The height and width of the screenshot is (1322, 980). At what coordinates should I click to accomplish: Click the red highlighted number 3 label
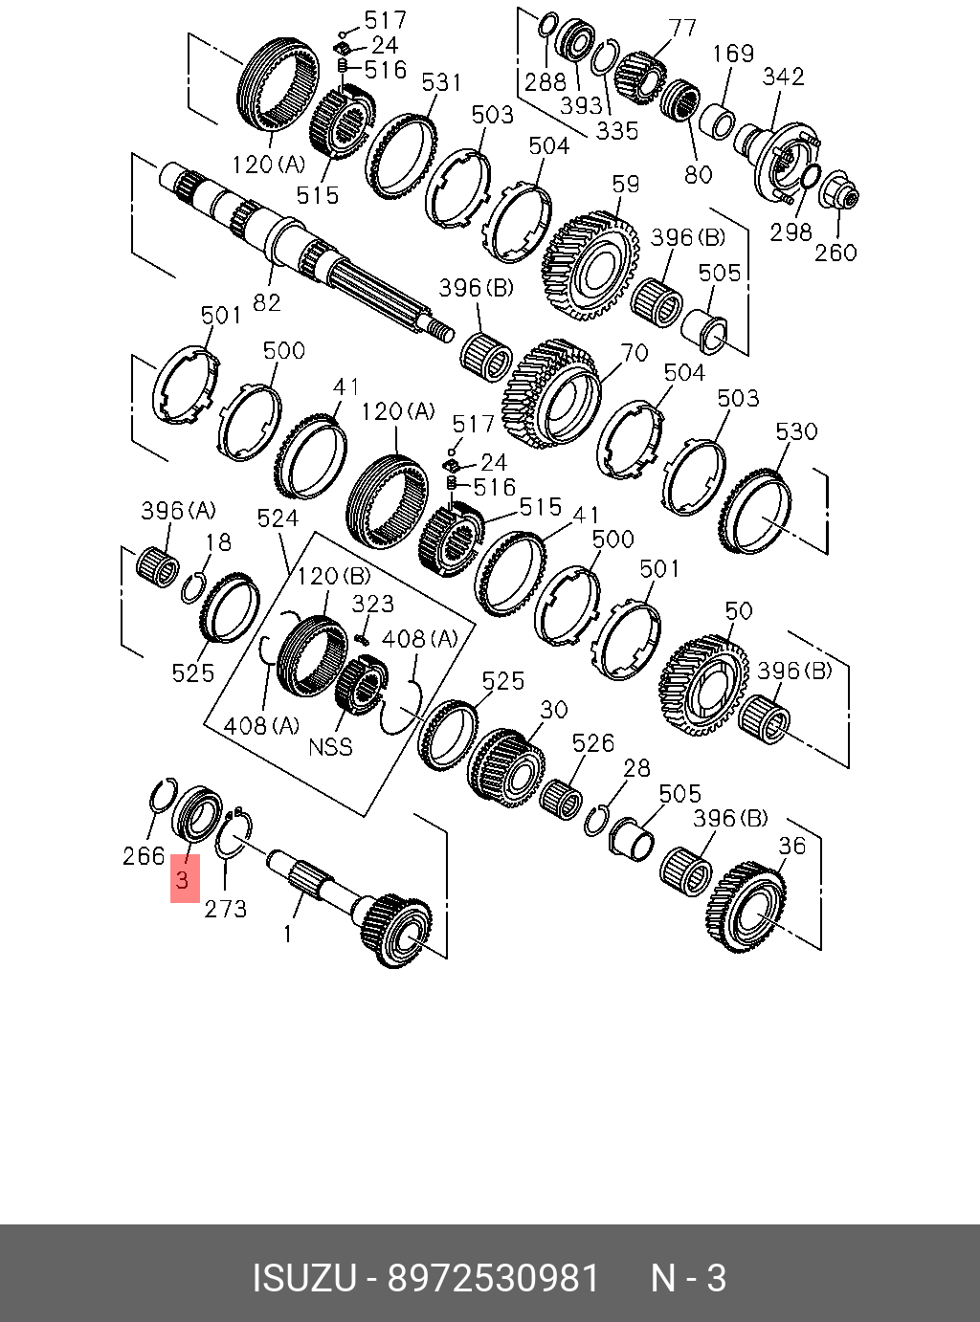pyautogui.click(x=185, y=878)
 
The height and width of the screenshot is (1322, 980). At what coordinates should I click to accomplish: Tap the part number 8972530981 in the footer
pyautogui.click(x=493, y=1278)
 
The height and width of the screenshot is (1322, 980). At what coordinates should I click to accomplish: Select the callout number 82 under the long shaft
pyautogui.click(x=267, y=302)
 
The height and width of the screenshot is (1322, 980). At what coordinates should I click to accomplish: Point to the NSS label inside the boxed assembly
pyautogui.click(x=330, y=747)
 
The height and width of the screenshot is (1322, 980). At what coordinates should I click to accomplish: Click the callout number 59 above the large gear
pyautogui.click(x=626, y=183)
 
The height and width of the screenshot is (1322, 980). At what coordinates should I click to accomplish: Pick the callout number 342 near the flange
pyautogui.click(x=783, y=77)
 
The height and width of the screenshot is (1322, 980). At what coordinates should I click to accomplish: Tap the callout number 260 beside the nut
pyautogui.click(x=835, y=253)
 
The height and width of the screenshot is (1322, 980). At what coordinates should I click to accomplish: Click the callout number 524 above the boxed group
pyautogui.click(x=278, y=518)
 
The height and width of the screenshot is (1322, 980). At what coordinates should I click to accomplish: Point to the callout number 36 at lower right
pyautogui.click(x=791, y=846)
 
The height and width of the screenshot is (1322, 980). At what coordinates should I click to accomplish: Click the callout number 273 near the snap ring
pyautogui.click(x=226, y=909)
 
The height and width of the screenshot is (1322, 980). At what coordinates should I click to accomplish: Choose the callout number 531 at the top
pyautogui.click(x=441, y=83)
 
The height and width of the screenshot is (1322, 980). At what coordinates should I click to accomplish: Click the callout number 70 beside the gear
pyautogui.click(x=635, y=354)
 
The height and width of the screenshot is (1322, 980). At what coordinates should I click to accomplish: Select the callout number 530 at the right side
pyautogui.click(x=796, y=431)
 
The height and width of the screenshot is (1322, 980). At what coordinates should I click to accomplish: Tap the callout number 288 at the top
pyautogui.click(x=546, y=82)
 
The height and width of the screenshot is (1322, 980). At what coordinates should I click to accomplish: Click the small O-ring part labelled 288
pyautogui.click(x=548, y=23)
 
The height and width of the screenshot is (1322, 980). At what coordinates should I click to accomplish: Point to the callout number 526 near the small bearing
pyautogui.click(x=592, y=743)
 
